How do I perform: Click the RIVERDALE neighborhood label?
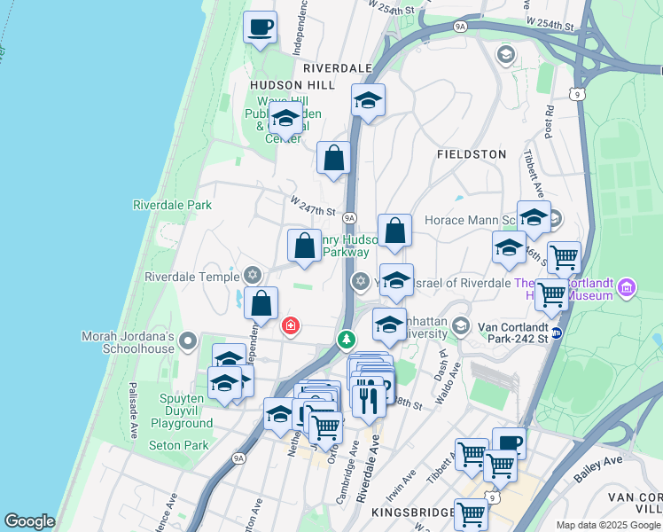337,67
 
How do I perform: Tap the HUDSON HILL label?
292,84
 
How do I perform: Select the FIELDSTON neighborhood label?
472,154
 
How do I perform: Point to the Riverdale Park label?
173,205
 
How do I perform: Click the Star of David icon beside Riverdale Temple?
253,276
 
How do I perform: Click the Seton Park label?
178,445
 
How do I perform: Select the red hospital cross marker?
290,326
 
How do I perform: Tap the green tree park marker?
346,339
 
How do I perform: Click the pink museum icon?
627,287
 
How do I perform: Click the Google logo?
29,520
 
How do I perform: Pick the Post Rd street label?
550,121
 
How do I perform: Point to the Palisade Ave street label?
132,411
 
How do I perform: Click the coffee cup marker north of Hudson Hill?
260,27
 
